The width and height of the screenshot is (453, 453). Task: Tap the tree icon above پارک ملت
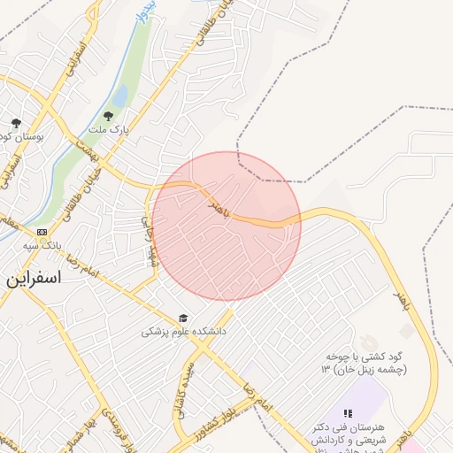pyautogui.click(x=108, y=115)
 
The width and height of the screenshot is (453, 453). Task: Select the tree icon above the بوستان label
pyautogui.click(x=15, y=123)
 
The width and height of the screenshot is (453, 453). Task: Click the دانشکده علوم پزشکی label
pyautogui.click(x=185, y=332)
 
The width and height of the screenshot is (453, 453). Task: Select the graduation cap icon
pyautogui.click(x=183, y=318)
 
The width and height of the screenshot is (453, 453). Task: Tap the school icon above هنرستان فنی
pyautogui.click(x=348, y=413)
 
